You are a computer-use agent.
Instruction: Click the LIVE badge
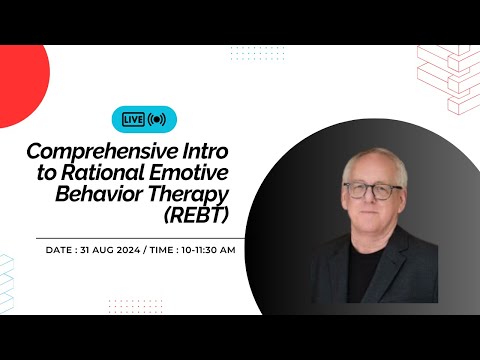[x=133, y=119]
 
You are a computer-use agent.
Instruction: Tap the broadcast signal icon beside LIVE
[x=157, y=119]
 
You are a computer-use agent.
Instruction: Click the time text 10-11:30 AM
[x=207, y=249]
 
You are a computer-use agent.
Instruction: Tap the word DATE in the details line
[x=61, y=249]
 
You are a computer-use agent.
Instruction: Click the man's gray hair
[x=372, y=160]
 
